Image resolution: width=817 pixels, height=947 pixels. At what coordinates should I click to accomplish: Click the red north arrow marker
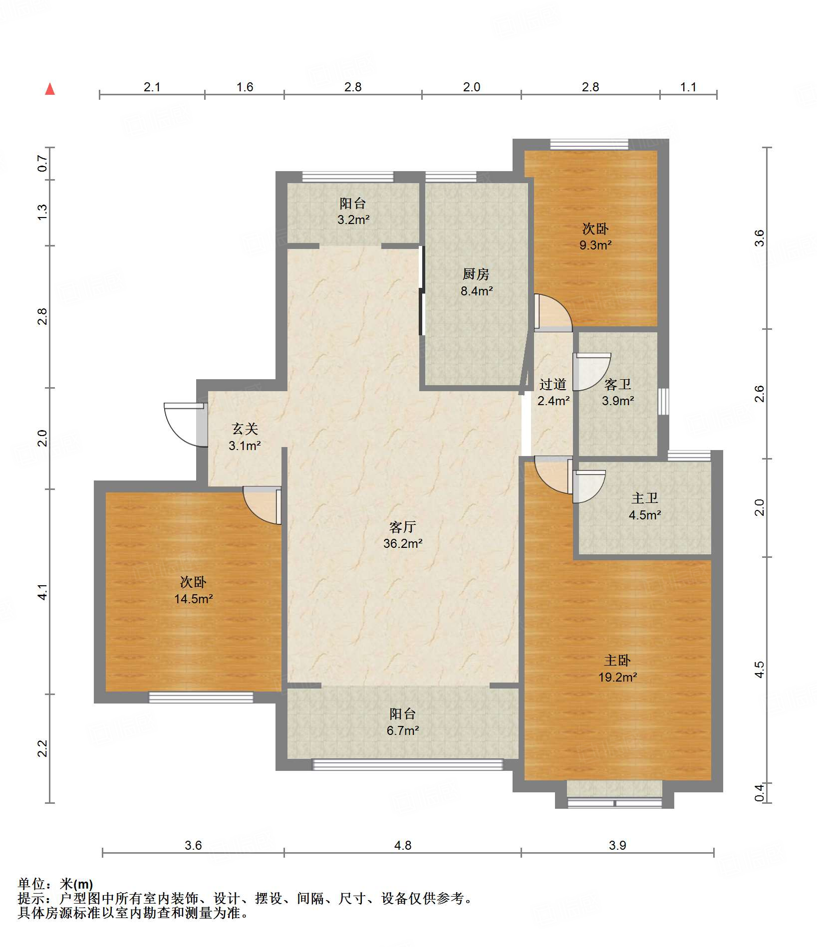point(50,89)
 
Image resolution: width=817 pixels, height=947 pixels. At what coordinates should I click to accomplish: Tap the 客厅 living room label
point(402,527)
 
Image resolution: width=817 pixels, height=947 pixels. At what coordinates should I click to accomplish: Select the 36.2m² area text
point(403,543)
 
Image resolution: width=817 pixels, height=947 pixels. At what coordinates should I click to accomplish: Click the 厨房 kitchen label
point(476,274)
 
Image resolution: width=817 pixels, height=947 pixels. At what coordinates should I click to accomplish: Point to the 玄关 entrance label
point(245,429)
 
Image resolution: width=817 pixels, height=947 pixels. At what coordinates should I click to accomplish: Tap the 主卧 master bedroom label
point(617,661)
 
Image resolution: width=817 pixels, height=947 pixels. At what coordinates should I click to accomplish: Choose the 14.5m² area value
point(194,599)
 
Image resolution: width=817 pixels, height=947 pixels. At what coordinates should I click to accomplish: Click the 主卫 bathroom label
point(645,498)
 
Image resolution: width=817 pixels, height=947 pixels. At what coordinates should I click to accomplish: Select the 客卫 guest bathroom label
point(618,384)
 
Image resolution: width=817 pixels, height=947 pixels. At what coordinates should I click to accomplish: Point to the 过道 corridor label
point(553,384)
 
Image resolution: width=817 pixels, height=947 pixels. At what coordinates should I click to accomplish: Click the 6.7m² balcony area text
point(403,730)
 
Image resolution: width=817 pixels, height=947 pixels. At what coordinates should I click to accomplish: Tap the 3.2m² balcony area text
point(353,220)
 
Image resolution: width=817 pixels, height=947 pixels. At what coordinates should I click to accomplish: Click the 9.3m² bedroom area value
point(595,245)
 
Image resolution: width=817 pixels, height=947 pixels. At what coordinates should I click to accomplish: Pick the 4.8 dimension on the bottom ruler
point(403,845)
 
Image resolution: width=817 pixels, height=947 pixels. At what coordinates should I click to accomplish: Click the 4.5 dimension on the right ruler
point(759,670)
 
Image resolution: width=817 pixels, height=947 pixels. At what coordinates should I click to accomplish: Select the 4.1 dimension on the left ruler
point(43,592)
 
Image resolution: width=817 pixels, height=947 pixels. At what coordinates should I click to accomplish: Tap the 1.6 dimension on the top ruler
point(245,87)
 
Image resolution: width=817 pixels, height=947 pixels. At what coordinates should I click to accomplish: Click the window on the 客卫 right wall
point(663,402)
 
